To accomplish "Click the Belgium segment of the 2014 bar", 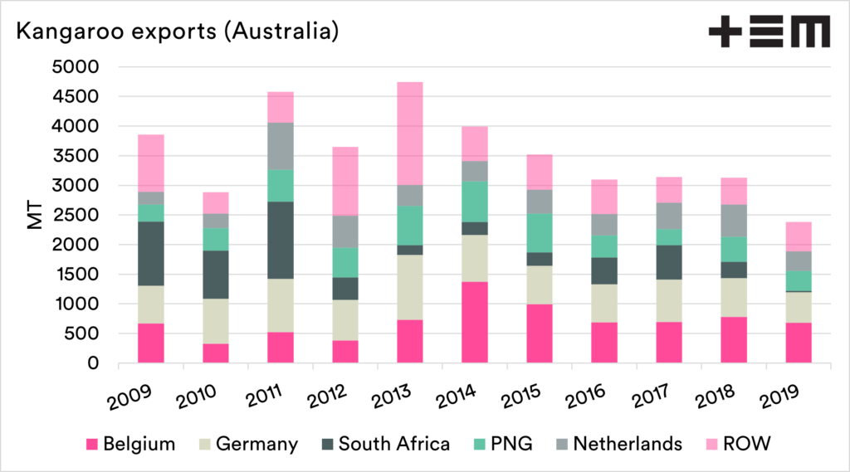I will (475, 322).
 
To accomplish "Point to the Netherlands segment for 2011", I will (281, 146).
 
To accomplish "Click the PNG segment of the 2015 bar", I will (540, 233).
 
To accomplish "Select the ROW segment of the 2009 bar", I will (151, 163).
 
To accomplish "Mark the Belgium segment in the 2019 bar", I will (799, 342).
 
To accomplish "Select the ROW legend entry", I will (748, 445).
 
